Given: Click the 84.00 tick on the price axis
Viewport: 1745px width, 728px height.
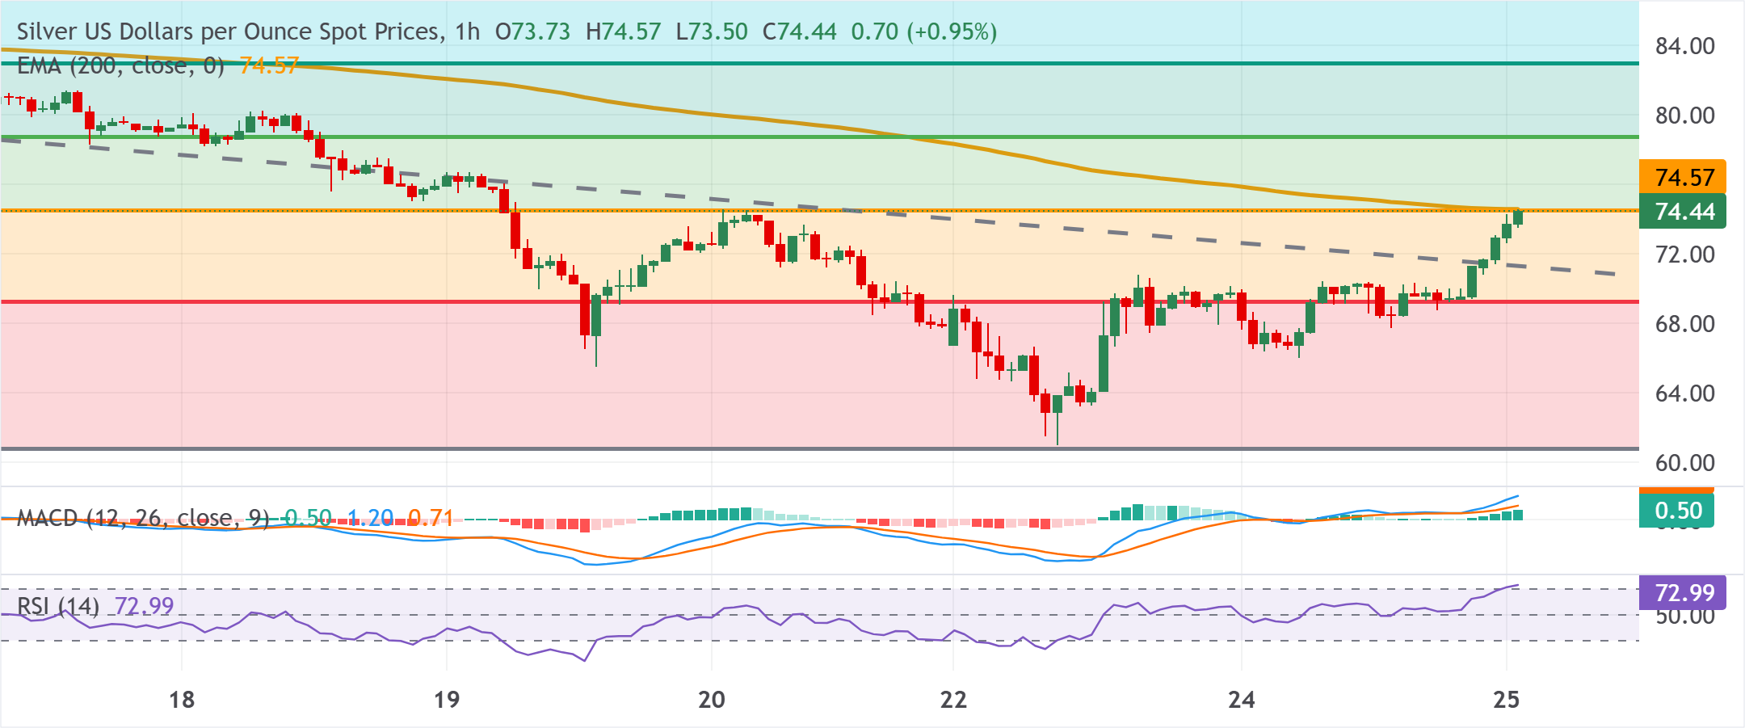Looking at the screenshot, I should pyautogui.click(x=1684, y=46).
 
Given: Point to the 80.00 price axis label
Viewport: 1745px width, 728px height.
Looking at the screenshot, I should pyautogui.click(x=1684, y=116).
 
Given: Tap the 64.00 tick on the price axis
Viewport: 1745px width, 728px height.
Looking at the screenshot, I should pyautogui.click(x=1684, y=393).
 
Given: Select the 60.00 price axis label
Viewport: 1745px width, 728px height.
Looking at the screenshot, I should pyautogui.click(x=1684, y=463).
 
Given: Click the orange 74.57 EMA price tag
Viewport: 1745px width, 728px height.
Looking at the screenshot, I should pyautogui.click(x=1684, y=177).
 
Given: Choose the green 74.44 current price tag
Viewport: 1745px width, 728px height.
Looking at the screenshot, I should pyautogui.click(x=1684, y=212).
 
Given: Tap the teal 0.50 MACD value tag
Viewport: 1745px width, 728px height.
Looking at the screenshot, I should pyautogui.click(x=1677, y=511).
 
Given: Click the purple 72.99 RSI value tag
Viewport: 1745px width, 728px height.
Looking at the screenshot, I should pyautogui.click(x=1684, y=593).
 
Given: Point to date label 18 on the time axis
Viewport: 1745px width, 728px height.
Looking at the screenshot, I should pyautogui.click(x=182, y=700).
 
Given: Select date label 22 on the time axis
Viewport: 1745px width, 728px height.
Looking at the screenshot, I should pyautogui.click(x=953, y=700).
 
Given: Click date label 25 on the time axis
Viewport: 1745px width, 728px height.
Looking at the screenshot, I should pyautogui.click(x=1506, y=700).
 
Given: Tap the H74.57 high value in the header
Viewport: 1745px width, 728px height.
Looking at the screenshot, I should pyautogui.click(x=623, y=32).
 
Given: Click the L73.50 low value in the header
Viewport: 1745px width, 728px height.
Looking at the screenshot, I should pyautogui.click(x=711, y=32).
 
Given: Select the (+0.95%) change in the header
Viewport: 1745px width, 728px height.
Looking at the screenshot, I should pyautogui.click(x=952, y=32).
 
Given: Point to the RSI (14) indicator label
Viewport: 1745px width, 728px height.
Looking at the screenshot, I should pyautogui.click(x=58, y=606).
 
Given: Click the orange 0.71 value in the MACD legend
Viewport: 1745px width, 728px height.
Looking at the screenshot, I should pyautogui.click(x=430, y=518).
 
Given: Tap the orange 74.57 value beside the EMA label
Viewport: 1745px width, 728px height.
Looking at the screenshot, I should pyautogui.click(x=269, y=65).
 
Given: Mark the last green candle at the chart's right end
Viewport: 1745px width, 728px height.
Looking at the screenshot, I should pyautogui.click(x=1518, y=217).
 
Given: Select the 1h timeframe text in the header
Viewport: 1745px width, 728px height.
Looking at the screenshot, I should pyautogui.click(x=467, y=32).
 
